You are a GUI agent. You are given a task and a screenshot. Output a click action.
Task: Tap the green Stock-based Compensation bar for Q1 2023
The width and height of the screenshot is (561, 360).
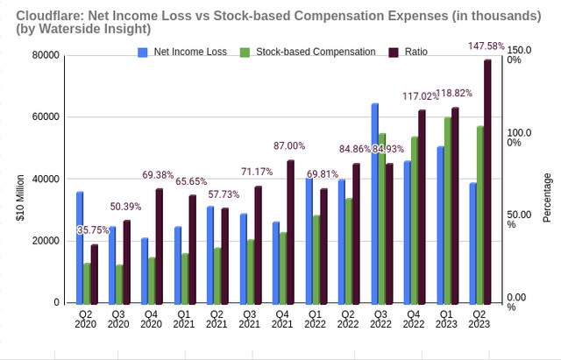tap(448, 210)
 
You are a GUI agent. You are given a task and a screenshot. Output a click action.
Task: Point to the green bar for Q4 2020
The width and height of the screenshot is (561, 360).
tap(151, 280)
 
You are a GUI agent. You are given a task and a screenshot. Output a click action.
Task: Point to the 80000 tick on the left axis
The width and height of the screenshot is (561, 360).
tap(45, 55)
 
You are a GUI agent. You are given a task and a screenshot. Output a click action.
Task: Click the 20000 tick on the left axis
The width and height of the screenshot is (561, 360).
tap(45, 241)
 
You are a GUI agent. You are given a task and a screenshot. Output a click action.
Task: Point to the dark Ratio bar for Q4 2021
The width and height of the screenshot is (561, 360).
tap(291, 231)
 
